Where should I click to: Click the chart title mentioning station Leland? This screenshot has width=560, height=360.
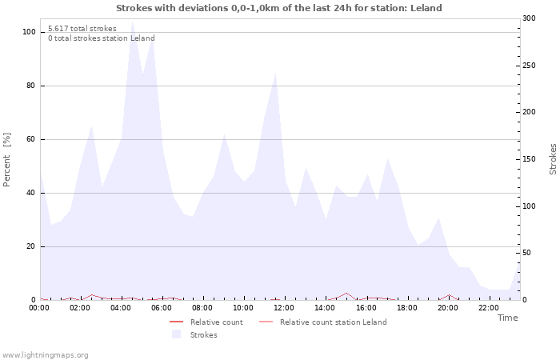click(278, 8)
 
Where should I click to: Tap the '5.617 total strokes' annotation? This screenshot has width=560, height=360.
click(82, 29)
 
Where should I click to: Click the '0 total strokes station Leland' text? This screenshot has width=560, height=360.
click(101, 38)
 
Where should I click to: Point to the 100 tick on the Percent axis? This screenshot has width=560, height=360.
click(29, 32)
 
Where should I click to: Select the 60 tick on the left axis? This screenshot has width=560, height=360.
click(30, 139)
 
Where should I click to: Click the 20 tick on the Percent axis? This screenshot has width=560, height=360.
click(30, 246)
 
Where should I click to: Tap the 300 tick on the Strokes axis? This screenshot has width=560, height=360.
click(529, 18)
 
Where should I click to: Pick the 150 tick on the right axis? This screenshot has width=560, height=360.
click(529, 159)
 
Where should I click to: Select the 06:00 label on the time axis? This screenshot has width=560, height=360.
click(162, 307)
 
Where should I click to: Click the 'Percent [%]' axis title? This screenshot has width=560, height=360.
click(8, 159)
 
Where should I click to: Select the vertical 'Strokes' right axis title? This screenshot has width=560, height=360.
click(552, 159)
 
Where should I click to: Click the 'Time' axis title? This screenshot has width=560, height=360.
click(507, 318)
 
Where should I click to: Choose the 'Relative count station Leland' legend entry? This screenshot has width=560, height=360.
click(333, 322)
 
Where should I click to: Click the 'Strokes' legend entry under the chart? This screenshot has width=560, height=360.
click(203, 334)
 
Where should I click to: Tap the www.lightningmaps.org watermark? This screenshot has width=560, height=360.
click(46, 354)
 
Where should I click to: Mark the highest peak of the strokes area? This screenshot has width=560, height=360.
click(132, 22)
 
